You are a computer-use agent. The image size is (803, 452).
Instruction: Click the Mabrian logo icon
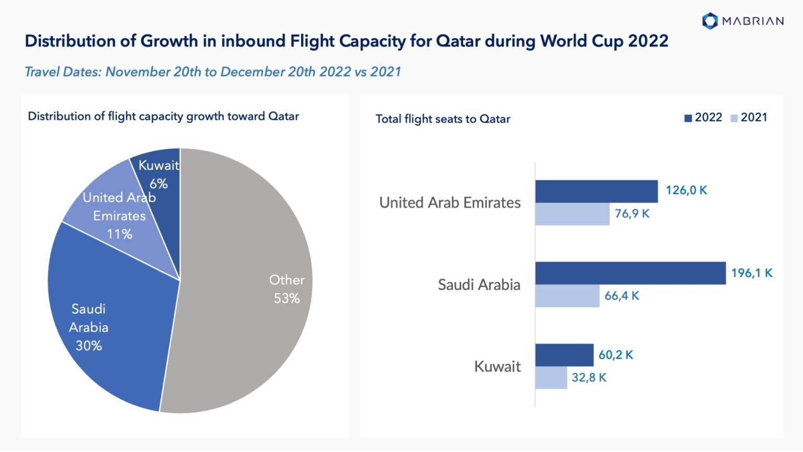[x=709, y=21]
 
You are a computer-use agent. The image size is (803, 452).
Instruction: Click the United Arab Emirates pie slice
[x=105, y=220]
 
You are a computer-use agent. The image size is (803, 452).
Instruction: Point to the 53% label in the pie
[x=286, y=299]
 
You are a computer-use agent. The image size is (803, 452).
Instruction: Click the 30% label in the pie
[x=89, y=346]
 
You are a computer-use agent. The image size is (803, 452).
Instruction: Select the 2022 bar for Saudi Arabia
[x=630, y=273]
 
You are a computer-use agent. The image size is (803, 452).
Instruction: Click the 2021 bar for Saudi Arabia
[x=567, y=296]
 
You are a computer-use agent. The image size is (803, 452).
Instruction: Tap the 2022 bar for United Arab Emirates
[x=596, y=191]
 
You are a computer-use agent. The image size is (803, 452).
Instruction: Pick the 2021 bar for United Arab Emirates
[x=572, y=214]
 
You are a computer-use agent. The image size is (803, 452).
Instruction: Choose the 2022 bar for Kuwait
[x=564, y=355]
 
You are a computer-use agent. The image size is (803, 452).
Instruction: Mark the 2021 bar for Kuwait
[x=550, y=378]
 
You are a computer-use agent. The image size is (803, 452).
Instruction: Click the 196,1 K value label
[x=751, y=273]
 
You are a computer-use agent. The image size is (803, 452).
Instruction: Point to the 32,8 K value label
[x=589, y=378]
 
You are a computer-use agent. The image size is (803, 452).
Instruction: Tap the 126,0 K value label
[x=686, y=190]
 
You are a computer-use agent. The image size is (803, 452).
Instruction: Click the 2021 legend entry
[x=749, y=118]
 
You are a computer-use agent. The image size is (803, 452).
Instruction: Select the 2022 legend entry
[x=703, y=118]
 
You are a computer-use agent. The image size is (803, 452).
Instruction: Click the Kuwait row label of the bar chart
[x=497, y=366]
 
